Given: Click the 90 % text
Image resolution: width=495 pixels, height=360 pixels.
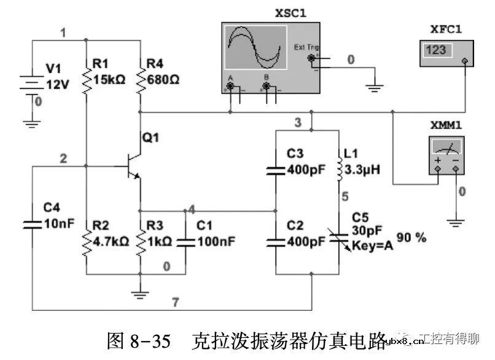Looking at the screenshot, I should pos(411,238).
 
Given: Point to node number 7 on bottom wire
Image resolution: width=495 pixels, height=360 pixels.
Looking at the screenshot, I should pos(175,302).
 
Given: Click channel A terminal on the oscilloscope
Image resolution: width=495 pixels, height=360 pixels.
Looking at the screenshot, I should pos(231,87).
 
